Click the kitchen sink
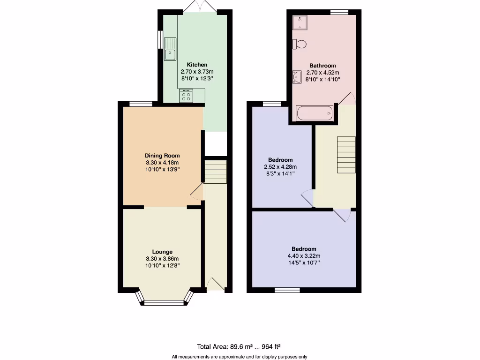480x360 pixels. pyautogui.click(x=170, y=49)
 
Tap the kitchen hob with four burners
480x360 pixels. pyautogui.click(x=186, y=96)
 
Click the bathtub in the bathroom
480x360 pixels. pyautogui.click(x=315, y=113)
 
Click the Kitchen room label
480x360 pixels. pyautogui.click(x=197, y=65)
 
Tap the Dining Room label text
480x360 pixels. pyautogui.click(x=162, y=156)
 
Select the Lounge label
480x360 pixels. pyautogui.click(x=162, y=252)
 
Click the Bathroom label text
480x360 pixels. pyautogui.click(x=322, y=66)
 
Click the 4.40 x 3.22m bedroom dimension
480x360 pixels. pyautogui.click(x=304, y=256)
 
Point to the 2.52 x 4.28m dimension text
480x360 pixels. pyautogui.click(x=280, y=167)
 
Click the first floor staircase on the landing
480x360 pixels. pyautogui.click(x=346, y=155)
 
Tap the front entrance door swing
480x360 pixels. pyautogui.click(x=215, y=284)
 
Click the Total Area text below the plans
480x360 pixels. pyautogui.click(x=239, y=347)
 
